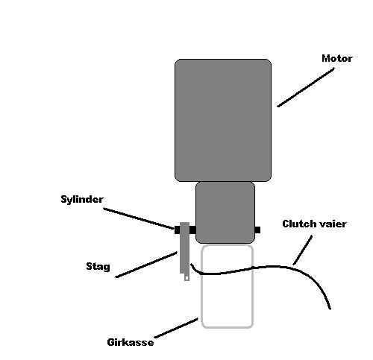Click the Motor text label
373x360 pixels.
pyautogui.click(x=337, y=58)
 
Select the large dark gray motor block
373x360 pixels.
pyautogui.click(x=223, y=120)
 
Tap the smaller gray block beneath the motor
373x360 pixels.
pyautogui.click(x=225, y=212)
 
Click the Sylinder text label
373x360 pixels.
pyautogui.click(x=82, y=200)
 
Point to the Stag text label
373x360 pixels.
pyautogui.click(x=98, y=266)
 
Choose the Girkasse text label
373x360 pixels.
pyautogui.click(x=131, y=342)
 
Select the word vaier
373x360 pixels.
pyautogui.click(x=333, y=224)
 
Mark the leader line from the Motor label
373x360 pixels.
pyautogui.click(x=306, y=87)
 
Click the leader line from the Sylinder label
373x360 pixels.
pyautogui.click(x=139, y=218)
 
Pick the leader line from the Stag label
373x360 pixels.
pyautogui.click(x=146, y=265)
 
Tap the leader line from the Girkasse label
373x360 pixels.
pyautogui.click(x=176, y=328)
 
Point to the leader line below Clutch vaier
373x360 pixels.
pyautogui.click(x=303, y=250)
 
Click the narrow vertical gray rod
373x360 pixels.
pyautogui.click(x=184, y=248)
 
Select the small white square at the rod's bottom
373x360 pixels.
pyautogui.click(x=186, y=278)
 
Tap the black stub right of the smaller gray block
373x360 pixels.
pyautogui.click(x=257, y=230)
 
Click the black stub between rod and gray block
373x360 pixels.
pyautogui.click(x=192, y=230)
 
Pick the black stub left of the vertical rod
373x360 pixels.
pyautogui.click(x=177, y=230)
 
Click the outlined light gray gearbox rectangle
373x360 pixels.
pyautogui.click(x=201, y=285)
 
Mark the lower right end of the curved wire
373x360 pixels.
pyautogui.click(x=330, y=309)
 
